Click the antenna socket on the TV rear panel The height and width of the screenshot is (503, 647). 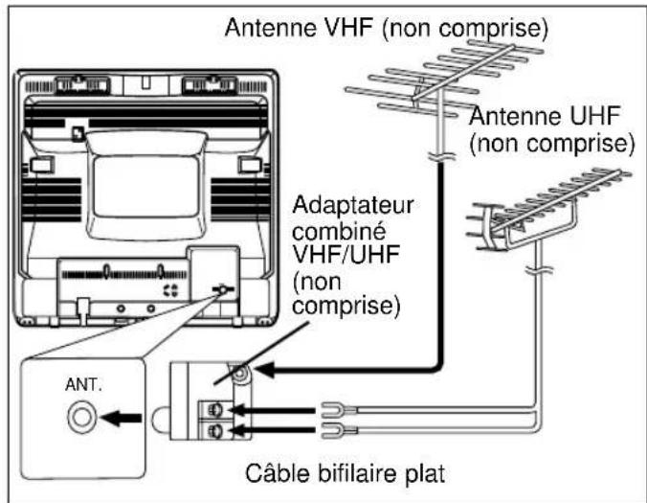pos(224,290)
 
